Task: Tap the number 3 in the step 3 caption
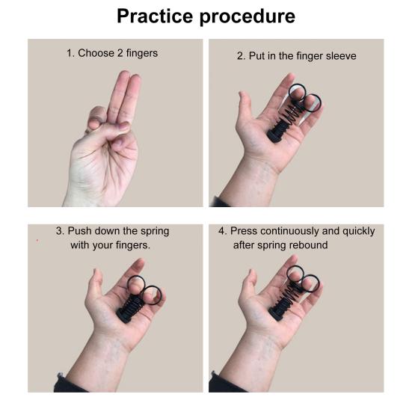[x=60, y=232]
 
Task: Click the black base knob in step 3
[x=125, y=315]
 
